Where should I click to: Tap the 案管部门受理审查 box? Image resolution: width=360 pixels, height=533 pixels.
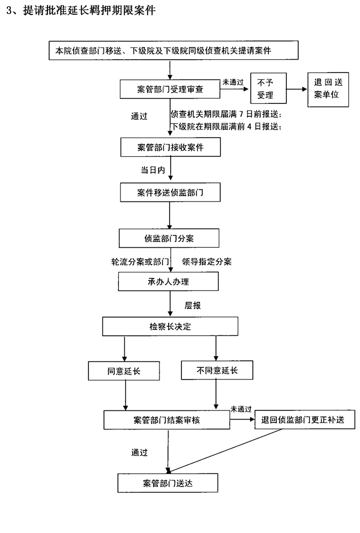coord(170,88)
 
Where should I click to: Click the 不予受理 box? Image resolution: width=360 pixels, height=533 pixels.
coord(268,89)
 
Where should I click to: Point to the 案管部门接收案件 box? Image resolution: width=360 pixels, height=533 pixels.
coord(170,147)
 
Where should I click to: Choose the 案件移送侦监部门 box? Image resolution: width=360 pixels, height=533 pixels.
coord(170,193)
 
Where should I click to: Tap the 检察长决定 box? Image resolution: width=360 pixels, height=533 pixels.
coord(170,327)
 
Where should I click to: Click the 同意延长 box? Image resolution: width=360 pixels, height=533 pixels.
coord(124,369)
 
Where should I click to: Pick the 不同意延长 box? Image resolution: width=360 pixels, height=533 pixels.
coord(216,369)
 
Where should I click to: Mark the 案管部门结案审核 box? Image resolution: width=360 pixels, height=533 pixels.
coord(166,419)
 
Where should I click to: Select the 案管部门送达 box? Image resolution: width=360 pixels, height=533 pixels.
coord(167,483)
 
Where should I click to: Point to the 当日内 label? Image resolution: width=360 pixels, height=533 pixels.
coord(150,169)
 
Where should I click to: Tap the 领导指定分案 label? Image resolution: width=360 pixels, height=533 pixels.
coord(206,262)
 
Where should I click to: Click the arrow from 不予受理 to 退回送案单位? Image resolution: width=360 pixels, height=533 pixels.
coord(297,90)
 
